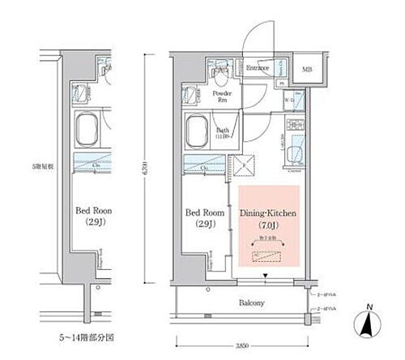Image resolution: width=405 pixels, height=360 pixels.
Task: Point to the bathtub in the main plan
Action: [197, 130]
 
